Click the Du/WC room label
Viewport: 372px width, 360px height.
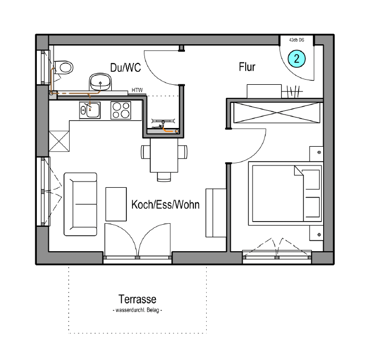click(126, 68)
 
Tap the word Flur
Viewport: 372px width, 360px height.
click(247, 67)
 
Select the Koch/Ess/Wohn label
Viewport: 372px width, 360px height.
click(165, 204)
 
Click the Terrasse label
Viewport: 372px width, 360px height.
click(137, 299)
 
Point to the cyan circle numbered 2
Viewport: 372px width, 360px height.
click(297, 59)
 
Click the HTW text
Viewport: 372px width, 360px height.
click(137, 90)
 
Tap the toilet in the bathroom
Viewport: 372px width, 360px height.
click(63, 68)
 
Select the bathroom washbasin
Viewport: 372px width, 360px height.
click(100, 82)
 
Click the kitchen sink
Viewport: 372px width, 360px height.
click(90, 110)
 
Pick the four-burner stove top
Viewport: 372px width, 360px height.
click(121, 110)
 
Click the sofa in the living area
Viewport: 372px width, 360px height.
click(81, 204)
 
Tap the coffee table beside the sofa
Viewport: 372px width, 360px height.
click(116, 204)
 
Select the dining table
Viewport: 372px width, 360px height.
click(164, 156)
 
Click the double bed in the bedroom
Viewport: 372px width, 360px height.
click(286, 194)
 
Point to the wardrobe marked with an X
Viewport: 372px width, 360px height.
click(277, 113)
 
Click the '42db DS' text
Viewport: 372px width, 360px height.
click(297, 40)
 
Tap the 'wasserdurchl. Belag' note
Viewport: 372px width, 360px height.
click(137, 310)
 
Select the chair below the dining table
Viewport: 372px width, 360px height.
click(164, 177)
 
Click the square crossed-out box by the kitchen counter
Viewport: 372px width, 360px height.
click(59, 141)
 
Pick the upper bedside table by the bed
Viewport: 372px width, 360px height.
click(316, 154)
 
